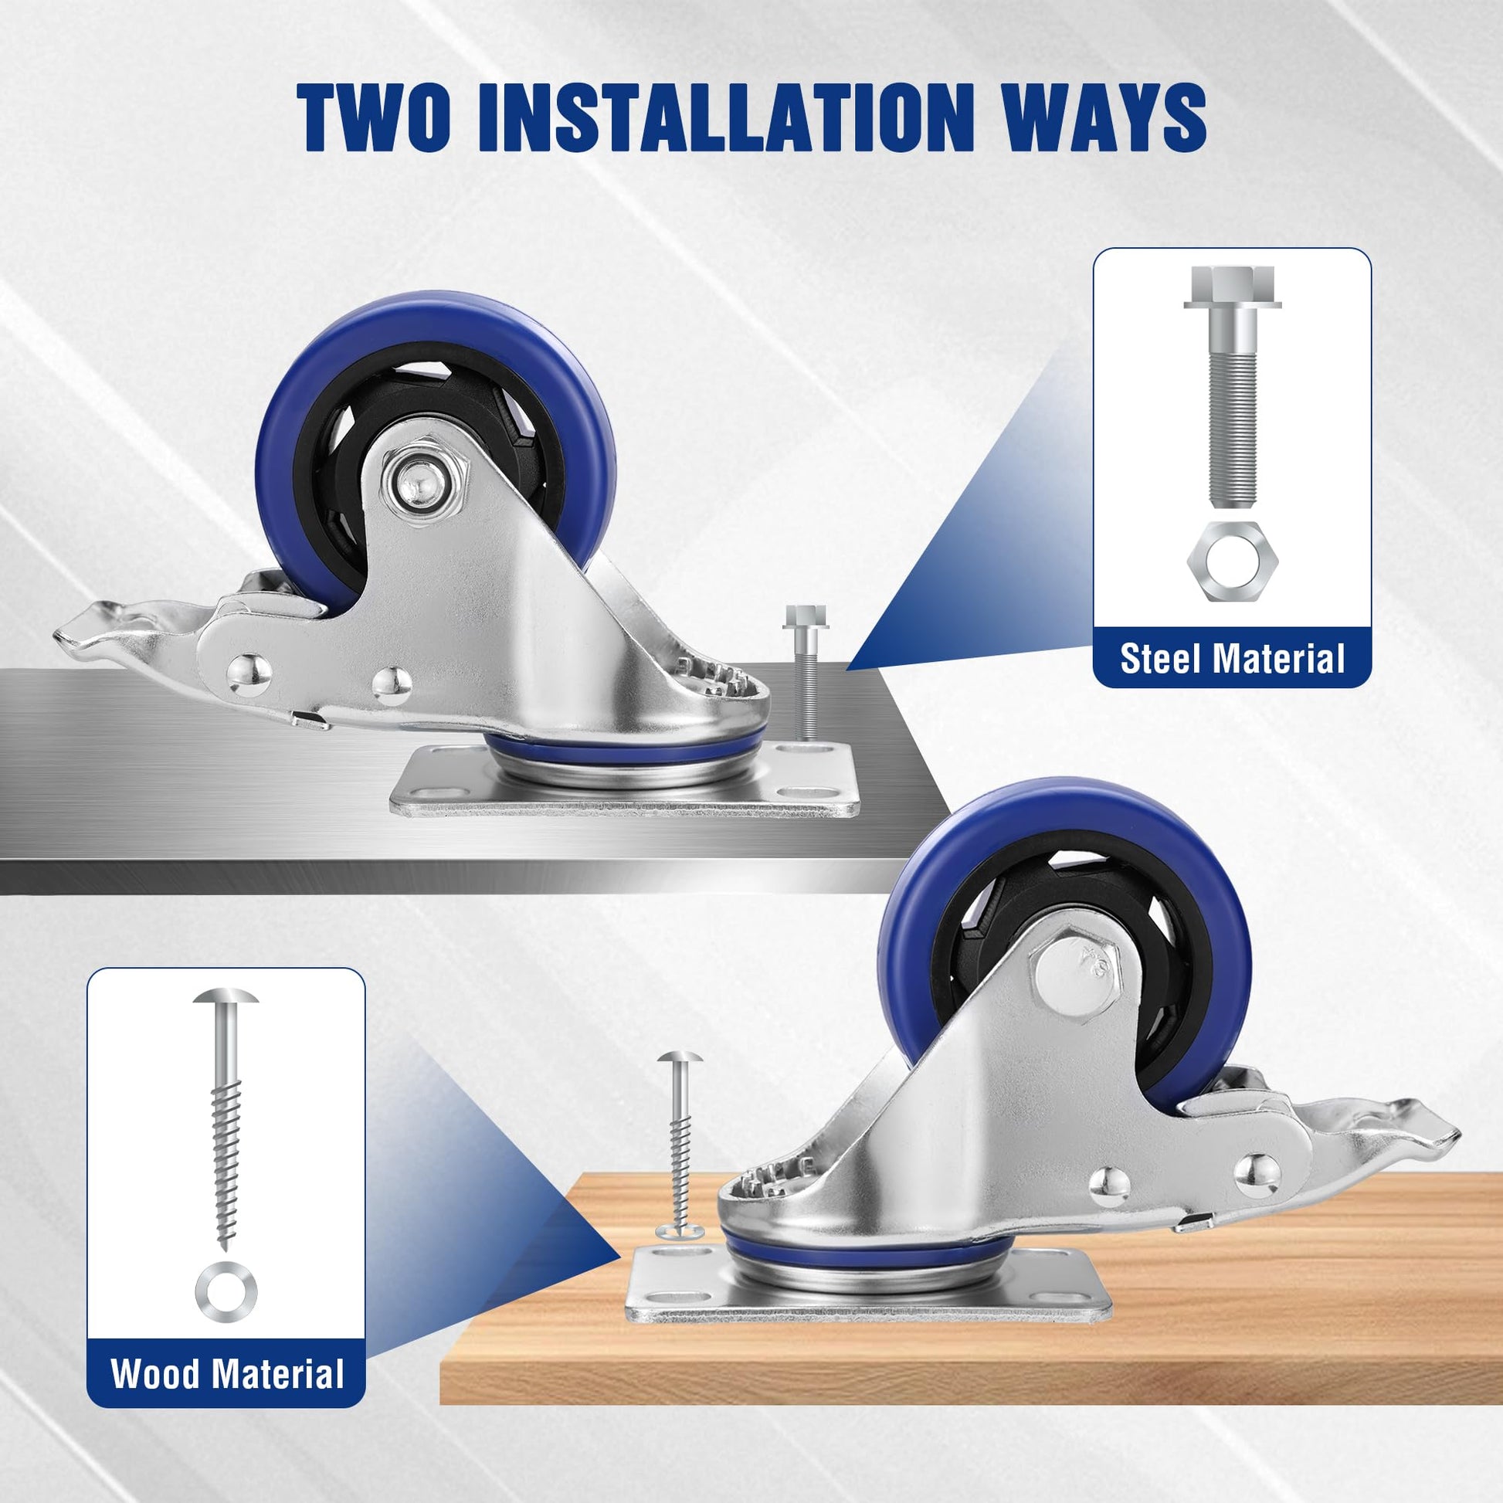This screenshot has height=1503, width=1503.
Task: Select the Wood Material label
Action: click(x=227, y=1373)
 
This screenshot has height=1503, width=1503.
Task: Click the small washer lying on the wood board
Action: click(x=679, y=1231)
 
